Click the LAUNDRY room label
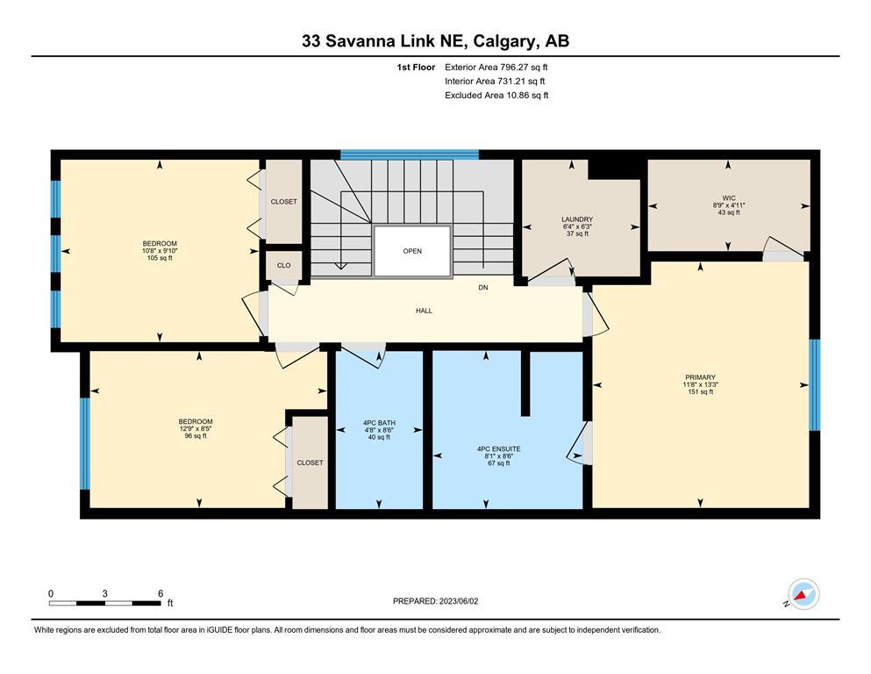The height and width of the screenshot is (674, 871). point(577,219)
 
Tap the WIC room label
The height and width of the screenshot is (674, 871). point(729,198)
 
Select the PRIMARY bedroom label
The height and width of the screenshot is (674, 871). point(700,377)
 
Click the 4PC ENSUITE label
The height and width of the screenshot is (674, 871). point(499,449)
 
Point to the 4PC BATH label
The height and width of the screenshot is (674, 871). point(380,423)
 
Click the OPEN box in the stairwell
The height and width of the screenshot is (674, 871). point(412,251)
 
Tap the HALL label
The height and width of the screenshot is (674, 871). point(424,311)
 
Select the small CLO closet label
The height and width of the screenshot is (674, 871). point(284,266)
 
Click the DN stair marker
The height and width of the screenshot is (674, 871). point(483,288)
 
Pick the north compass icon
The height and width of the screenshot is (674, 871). point(803,594)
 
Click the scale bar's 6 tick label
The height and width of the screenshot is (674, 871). point(161,593)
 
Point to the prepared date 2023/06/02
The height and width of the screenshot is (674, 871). point(458,601)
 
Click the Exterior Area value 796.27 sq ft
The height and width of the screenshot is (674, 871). point(524,68)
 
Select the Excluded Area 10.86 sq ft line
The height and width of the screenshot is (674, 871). point(496,95)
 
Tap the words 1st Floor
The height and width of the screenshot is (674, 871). point(416,68)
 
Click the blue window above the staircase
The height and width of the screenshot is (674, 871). point(410,154)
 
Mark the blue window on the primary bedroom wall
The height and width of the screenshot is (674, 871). point(814,385)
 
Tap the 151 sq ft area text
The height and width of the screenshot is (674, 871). point(701,391)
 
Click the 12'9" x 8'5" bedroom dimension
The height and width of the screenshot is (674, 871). point(196,429)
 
